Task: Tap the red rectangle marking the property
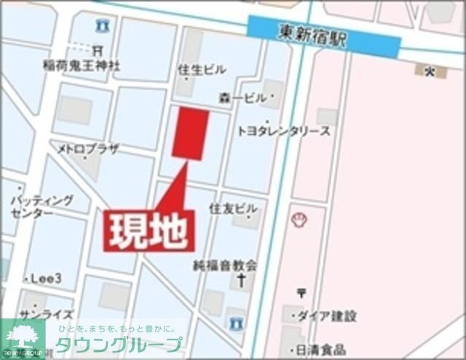[191, 133]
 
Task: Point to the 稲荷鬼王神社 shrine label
[81, 66]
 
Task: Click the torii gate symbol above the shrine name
[98, 50]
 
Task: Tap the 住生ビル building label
[202, 69]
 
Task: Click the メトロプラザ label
[89, 149]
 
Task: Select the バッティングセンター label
[42, 206]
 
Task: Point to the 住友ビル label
[233, 208]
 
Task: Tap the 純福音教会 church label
[225, 265]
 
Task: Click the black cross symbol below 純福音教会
[240, 280]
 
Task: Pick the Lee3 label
[44, 278]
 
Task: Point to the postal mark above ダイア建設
[301, 293]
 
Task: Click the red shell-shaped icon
[299, 219]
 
